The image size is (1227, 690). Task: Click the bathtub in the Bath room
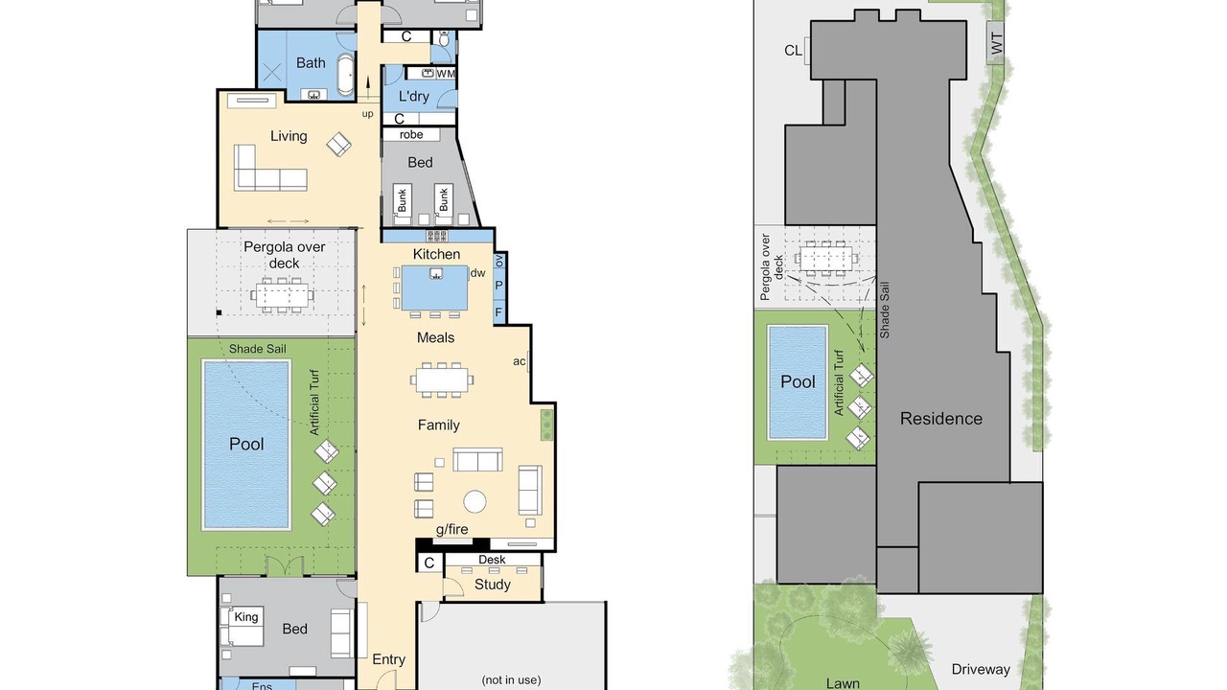[x=344, y=75]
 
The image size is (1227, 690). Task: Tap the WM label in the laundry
[x=446, y=74]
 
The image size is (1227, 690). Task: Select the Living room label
[x=289, y=136]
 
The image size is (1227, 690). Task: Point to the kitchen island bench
[x=435, y=288]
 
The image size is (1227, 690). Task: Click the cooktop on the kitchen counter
[x=436, y=236]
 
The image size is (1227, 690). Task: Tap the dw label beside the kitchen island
[x=477, y=273]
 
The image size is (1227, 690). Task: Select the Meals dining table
[x=442, y=379]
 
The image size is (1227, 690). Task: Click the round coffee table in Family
[x=475, y=501]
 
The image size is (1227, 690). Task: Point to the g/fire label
[x=451, y=530]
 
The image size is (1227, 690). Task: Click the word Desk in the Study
[x=492, y=560]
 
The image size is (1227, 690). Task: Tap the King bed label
[x=246, y=616]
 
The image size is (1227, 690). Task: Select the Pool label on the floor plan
[x=246, y=444]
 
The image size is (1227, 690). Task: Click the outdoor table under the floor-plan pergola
[x=283, y=295]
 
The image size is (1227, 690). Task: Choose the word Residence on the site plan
[x=941, y=419]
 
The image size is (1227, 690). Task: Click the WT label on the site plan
[x=997, y=43]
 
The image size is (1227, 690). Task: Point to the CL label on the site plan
[x=793, y=51]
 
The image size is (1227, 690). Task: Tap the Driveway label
[x=981, y=669]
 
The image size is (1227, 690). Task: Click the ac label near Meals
[x=520, y=361]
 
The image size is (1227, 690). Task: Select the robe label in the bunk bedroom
[x=411, y=135]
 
